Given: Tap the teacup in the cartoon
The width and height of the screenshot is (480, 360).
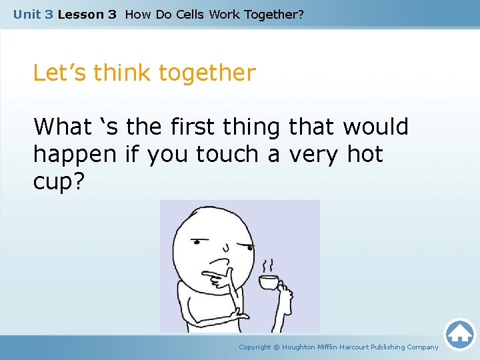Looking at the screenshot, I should [x=269, y=282].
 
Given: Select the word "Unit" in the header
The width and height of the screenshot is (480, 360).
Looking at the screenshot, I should [x=27, y=14].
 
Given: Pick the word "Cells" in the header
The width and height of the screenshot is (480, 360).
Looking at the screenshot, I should [x=190, y=14].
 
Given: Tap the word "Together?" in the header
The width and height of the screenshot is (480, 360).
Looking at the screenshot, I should [x=274, y=14].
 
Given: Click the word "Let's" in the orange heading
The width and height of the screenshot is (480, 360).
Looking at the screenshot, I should [x=60, y=73].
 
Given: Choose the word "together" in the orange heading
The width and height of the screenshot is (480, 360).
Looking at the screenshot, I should [x=208, y=73].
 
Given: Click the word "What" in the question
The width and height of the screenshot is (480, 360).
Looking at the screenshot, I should [x=62, y=126].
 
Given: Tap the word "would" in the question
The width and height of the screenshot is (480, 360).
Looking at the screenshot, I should [x=375, y=126].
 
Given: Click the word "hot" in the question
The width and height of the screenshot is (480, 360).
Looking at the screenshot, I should [x=365, y=154].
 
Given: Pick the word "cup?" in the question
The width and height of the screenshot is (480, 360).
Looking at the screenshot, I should [x=59, y=182].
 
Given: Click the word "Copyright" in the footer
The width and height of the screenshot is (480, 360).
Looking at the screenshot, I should [x=255, y=347].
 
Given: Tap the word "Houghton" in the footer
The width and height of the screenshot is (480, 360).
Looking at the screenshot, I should [x=303, y=347].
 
